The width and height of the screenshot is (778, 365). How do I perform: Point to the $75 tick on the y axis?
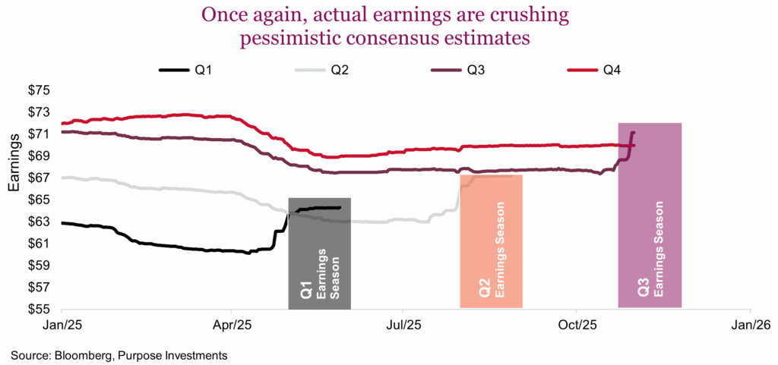pos(39,90)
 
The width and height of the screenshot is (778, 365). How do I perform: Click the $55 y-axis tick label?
pos(39,310)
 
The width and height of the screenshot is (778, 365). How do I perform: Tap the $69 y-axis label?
pos(39,156)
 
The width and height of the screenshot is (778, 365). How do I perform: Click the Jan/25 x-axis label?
pos(62,325)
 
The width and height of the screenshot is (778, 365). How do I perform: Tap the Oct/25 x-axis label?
pos(577,325)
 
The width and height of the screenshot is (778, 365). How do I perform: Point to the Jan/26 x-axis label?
pos(751,325)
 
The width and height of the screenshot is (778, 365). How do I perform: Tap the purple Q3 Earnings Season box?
pos(649,216)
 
